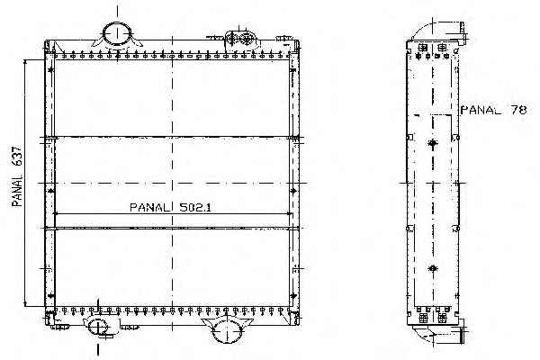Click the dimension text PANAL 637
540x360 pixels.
click(x=16, y=176)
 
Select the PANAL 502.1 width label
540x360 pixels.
click(x=171, y=207)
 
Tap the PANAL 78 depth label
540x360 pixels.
click(x=493, y=110)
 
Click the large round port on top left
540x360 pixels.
click(x=117, y=34)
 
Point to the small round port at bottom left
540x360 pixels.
click(x=98, y=326)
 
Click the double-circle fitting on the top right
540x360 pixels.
click(x=240, y=39)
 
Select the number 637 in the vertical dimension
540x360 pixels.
click(x=16, y=157)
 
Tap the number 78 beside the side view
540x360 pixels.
click(x=518, y=110)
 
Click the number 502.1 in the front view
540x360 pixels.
click(x=195, y=207)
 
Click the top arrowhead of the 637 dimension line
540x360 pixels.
click(x=25, y=63)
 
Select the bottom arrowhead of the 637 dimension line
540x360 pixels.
click(x=25, y=302)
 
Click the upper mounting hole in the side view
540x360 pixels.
click(x=433, y=143)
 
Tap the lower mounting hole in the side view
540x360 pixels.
click(x=433, y=268)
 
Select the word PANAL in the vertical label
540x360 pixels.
click(x=16, y=190)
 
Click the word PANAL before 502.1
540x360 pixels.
click(x=150, y=207)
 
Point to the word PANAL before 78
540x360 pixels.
click(x=481, y=110)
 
